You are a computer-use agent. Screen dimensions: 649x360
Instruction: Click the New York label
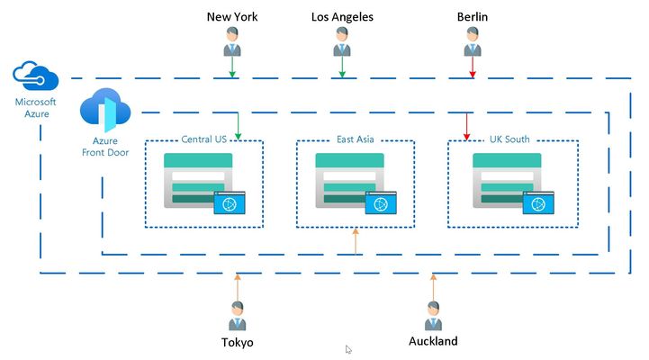click(x=232, y=17)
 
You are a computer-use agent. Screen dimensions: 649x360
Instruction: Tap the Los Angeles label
click(x=342, y=17)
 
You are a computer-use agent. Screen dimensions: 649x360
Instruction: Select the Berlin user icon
click(x=473, y=41)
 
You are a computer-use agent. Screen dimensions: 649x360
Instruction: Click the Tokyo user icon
click(x=238, y=316)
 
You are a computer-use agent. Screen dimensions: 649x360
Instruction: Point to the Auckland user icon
click(x=433, y=316)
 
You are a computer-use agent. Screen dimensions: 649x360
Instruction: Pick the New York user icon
click(x=232, y=41)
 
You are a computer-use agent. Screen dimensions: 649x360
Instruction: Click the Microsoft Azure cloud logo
click(x=36, y=76)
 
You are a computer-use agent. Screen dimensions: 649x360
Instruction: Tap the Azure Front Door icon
click(x=105, y=110)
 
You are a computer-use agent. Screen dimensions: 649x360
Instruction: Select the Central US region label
click(x=204, y=139)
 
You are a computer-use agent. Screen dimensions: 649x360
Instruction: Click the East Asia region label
click(x=356, y=139)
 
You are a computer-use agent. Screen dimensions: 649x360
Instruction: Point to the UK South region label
click(x=509, y=139)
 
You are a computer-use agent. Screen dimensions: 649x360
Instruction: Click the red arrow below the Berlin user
click(x=473, y=67)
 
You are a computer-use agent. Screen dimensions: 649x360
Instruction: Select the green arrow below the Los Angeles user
click(x=342, y=67)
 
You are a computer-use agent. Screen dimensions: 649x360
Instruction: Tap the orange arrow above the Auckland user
click(x=433, y=288)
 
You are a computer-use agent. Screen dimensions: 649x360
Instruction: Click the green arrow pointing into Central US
click(x=238, y=126)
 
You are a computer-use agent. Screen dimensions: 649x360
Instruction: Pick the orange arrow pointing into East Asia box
click(x=356, y=241)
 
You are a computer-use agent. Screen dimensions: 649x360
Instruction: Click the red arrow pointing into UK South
click(x=467, y=126)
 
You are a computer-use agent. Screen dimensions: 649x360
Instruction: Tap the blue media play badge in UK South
click(x=538, y=202)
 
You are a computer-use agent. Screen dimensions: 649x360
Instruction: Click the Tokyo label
click(x=237, y=343)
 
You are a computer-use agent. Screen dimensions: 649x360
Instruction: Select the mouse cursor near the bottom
click(x=348, y=350)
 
